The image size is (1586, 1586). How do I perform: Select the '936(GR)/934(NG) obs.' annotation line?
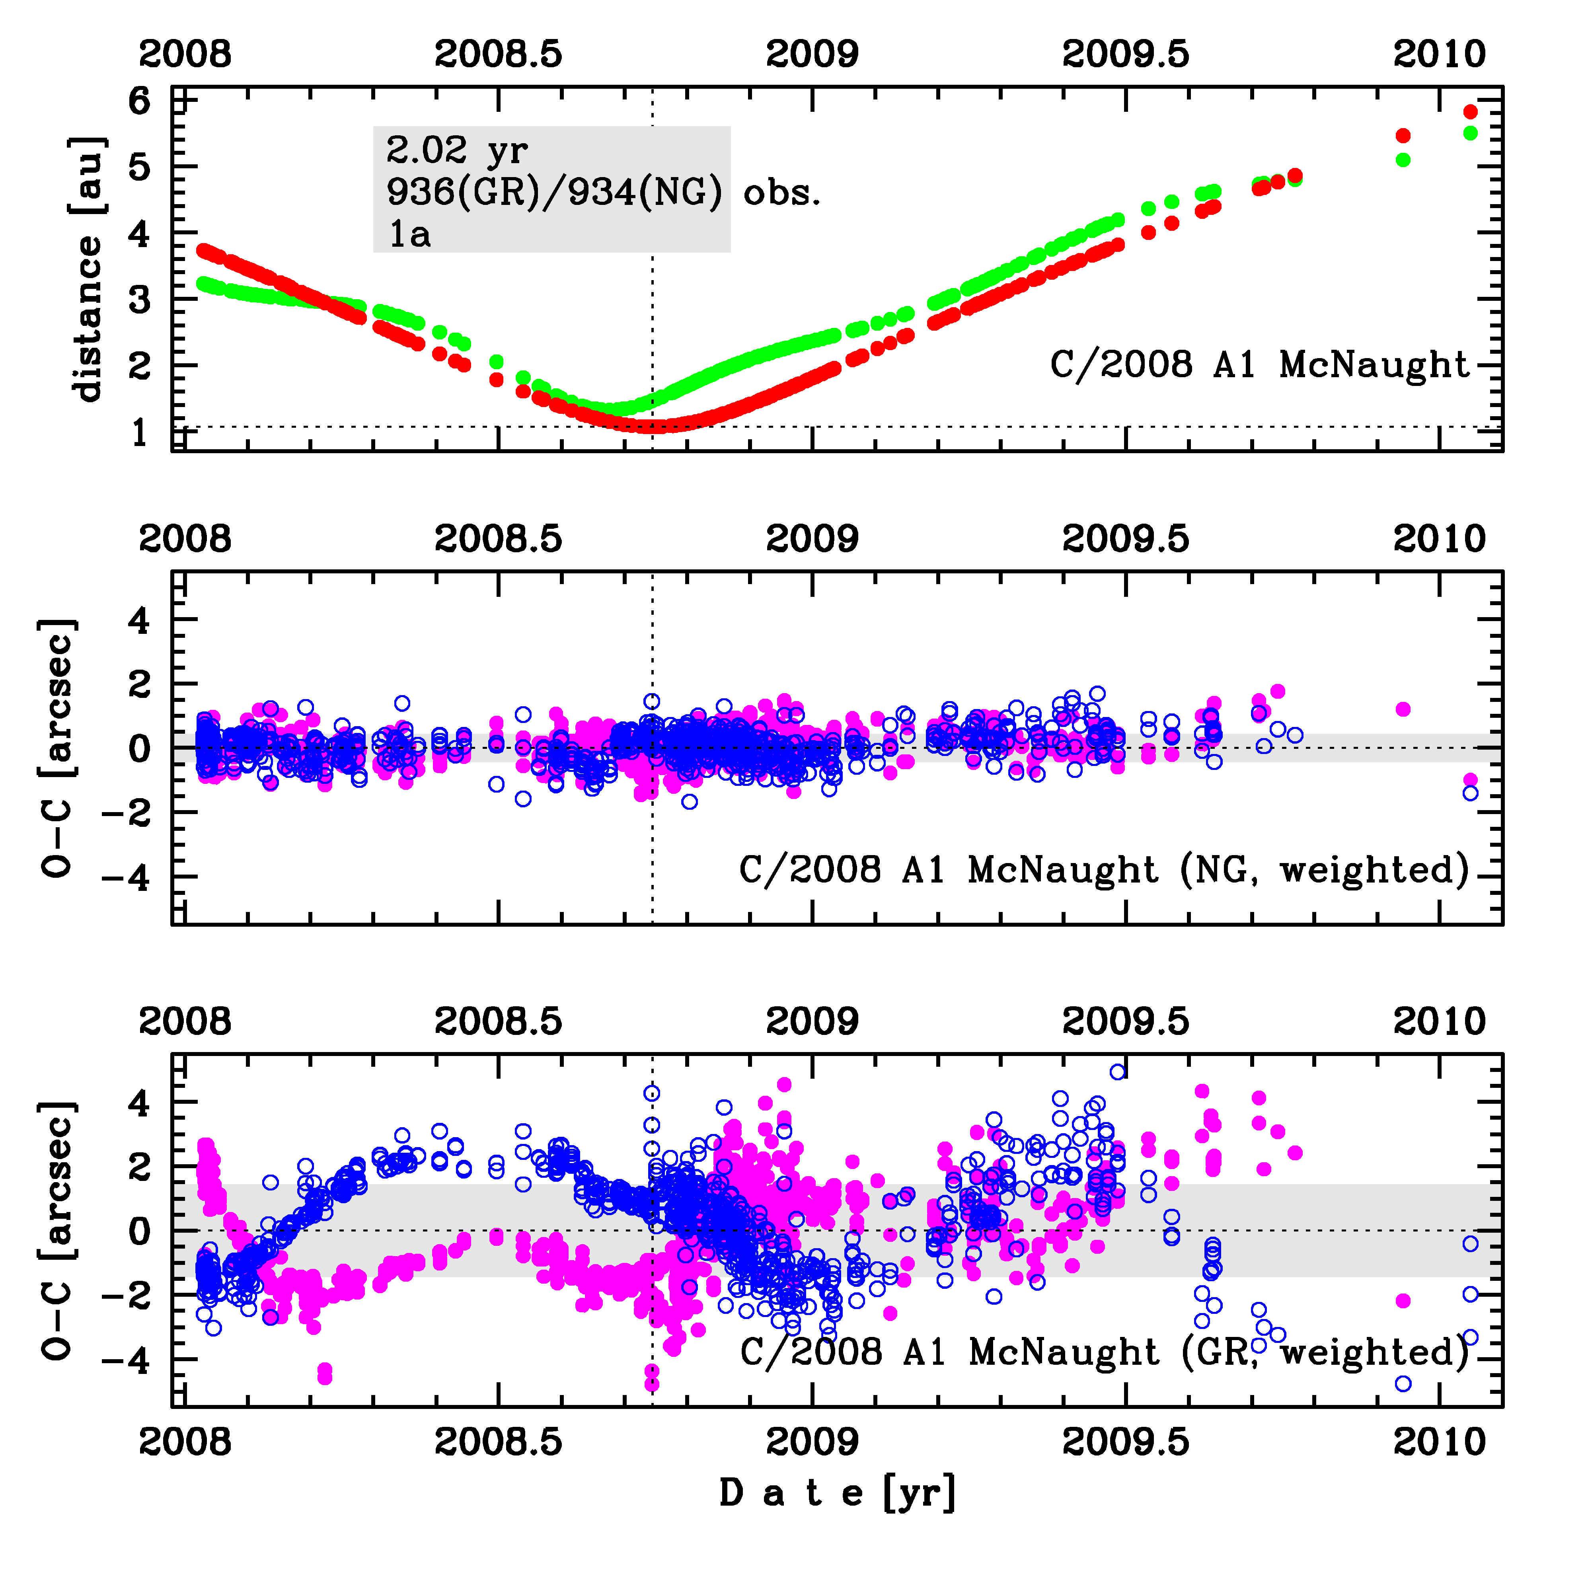point(603,193)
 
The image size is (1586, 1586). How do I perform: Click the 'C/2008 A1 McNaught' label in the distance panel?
point(1259,364)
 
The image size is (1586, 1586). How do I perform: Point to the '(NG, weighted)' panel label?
point(1323,870)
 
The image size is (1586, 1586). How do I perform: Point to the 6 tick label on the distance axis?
point(140,102)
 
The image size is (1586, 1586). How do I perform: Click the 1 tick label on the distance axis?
point(140,432)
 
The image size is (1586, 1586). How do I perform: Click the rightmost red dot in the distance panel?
point(1470,112)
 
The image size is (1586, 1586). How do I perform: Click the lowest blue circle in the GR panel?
point(1403,1383)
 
